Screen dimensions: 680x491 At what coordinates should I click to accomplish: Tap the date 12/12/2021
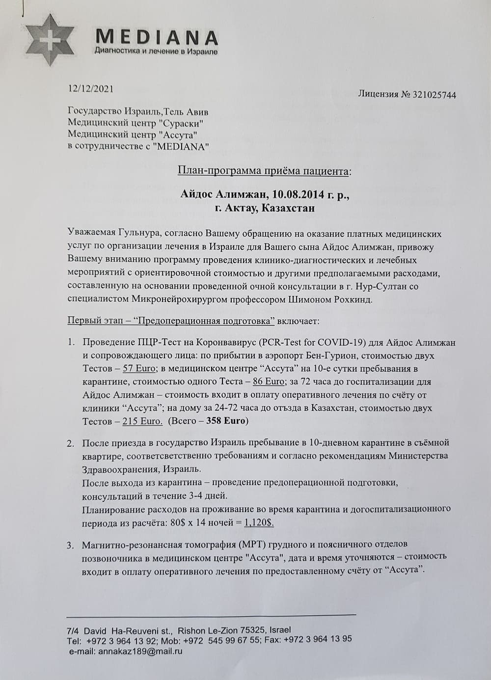[91, 89]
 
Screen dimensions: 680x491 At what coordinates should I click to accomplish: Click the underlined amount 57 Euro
[139, 368]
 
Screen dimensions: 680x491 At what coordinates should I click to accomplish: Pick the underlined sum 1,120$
[259, 522]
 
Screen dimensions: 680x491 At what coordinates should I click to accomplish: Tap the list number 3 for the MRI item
[71, 544]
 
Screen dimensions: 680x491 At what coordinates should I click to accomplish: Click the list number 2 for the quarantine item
[71, 443]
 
